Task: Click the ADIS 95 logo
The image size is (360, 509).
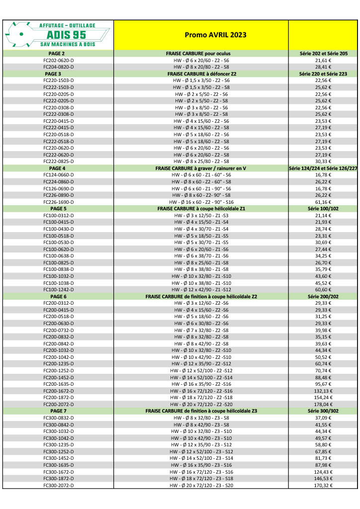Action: [x=58, y=34]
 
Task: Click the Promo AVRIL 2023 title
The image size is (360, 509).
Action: [x=201, y=35]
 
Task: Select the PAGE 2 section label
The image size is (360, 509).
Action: [x=58, y=53]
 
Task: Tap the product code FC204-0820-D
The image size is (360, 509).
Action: [x=58, y=67]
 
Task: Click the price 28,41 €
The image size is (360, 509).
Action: [x=323, y=67]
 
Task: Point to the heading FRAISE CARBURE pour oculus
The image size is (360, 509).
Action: [x=201, y=53]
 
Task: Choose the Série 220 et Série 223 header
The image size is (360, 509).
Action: [x=323, y=74]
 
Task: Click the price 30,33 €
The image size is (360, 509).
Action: [x=323, y=161]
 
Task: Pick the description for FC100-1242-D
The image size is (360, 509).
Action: [x=201, y=289]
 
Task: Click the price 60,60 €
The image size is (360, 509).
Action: [x=323, y=289]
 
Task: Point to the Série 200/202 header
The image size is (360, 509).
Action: [x=323, y=296]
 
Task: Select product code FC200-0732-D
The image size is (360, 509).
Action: [x=58, y=330]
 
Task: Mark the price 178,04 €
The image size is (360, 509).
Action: [x=323, y=405]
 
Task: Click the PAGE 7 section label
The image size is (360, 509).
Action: [x=58, y=411]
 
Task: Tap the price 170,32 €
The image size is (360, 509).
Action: [x=323, y=486]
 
